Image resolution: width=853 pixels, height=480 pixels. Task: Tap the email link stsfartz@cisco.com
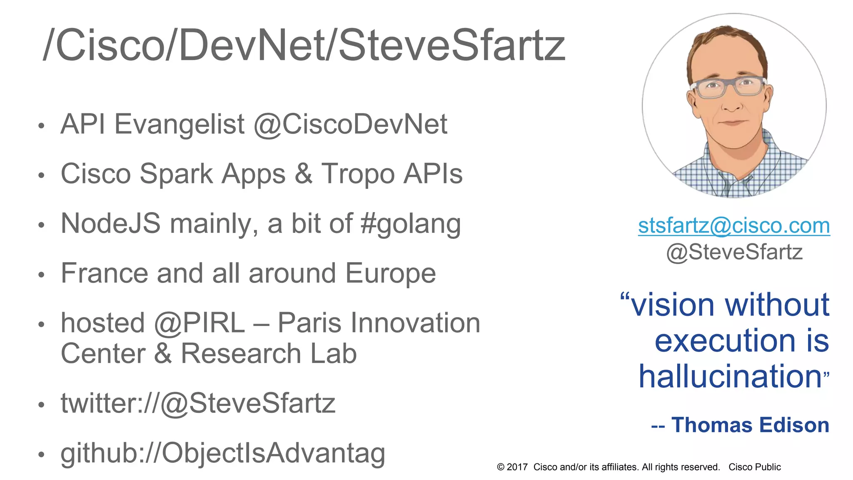[x=734, y=225]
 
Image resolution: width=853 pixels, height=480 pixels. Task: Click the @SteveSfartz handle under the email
[x=734, y=252]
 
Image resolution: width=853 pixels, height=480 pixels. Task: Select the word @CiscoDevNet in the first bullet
[x=350, y=124]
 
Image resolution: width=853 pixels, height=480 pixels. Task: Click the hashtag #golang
[x=411, y=224]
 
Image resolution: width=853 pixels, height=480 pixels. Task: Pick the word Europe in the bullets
[x=390, y=273]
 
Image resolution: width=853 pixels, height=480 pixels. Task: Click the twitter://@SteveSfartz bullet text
[x=198, y=403]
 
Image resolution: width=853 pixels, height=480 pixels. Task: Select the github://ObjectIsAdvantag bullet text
[x=223, y=453]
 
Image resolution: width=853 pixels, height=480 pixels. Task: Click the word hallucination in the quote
[x=730, y=376]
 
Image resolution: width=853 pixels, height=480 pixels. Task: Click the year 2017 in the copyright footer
[x=517, y=467]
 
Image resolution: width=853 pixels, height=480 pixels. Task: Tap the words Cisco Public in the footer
[x=754, y=467]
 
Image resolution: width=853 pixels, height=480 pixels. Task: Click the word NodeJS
[x=110, y=224]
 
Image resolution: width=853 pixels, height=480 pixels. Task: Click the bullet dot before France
[x=41, y=275]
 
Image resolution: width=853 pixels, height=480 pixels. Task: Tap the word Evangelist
[x=180, y=124]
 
